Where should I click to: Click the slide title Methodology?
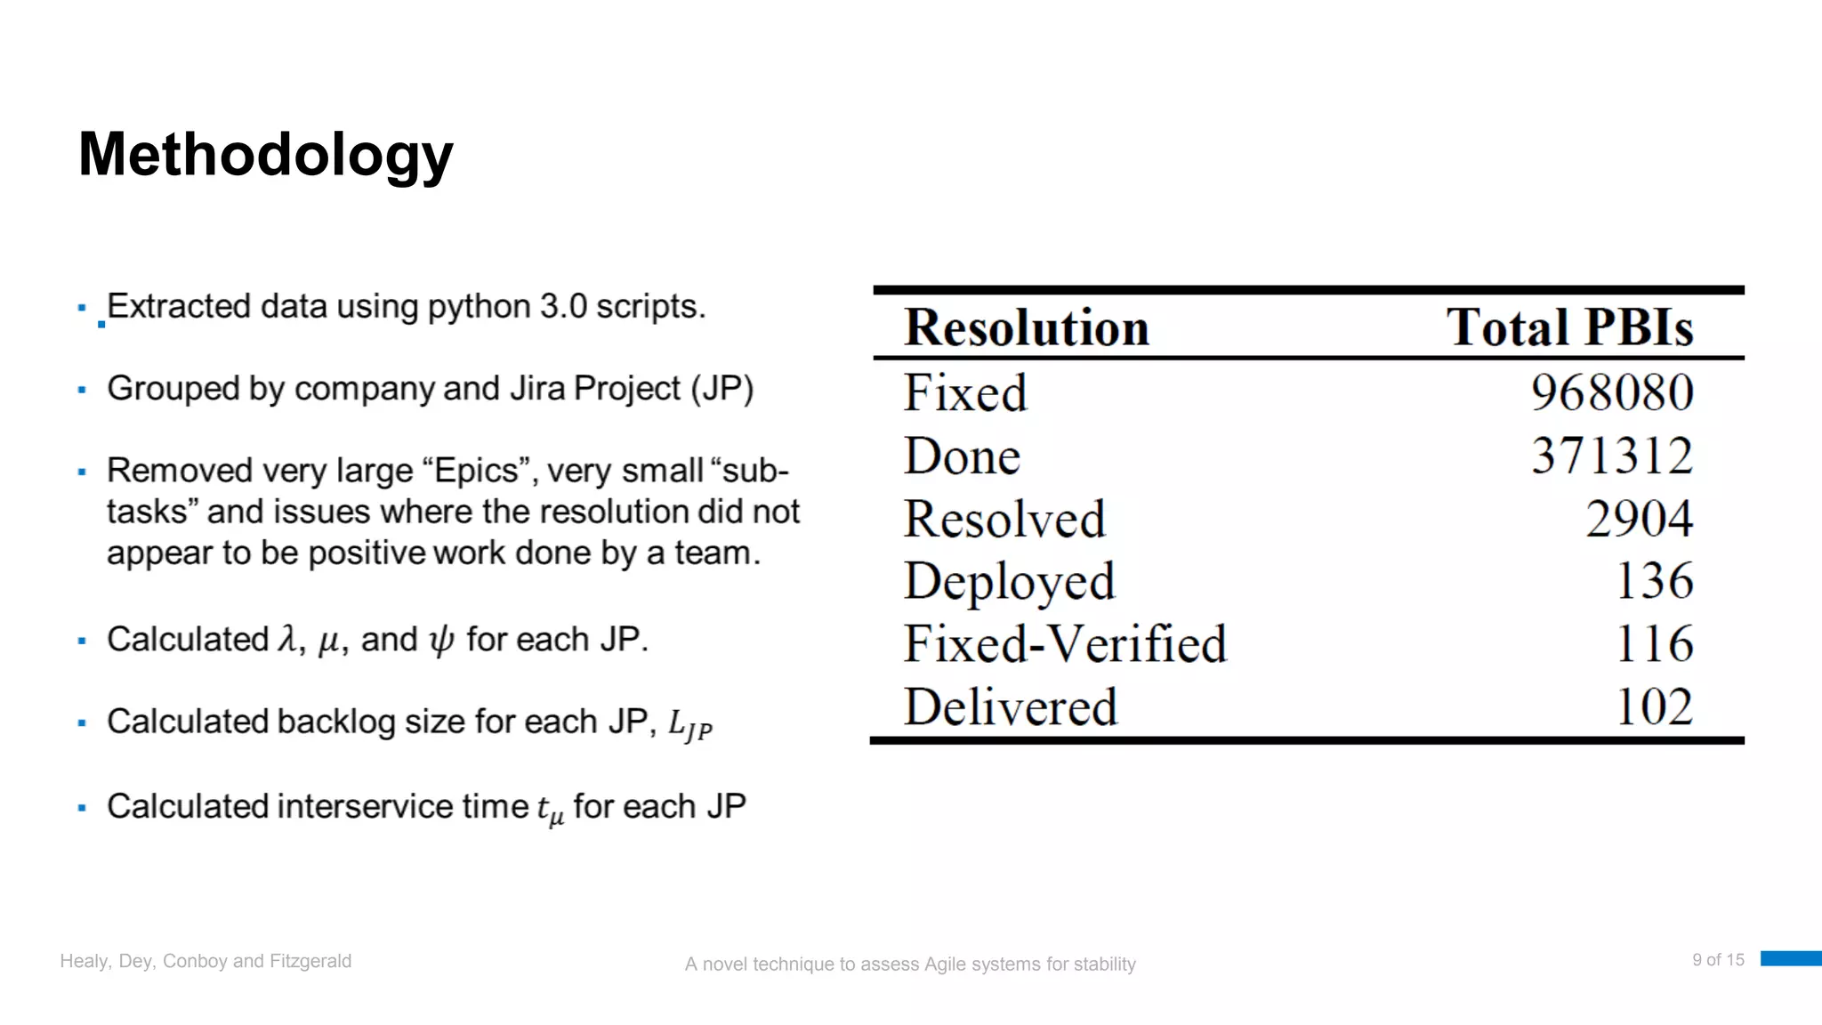click(x=265, y=155)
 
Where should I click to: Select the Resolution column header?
click(x=1027, y=327)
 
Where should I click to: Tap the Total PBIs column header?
click(x=1569, y=327)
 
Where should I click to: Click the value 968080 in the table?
click(x=1611, y=392)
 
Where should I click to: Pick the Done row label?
click(x=962, y=456)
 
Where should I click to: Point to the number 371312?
click(x=1611, y=456)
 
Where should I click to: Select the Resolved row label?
click(x=1004, y=519)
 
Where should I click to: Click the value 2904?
click(x=1639, y=519)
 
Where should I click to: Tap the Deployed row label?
click(x=1009, y=583)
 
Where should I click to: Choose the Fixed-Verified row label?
click(x=1065, y=644)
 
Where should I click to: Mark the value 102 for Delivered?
click(x=1654, y=707)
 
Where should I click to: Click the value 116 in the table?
click(x=1654, y=644)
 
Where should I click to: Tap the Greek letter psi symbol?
click(x=441, y=641)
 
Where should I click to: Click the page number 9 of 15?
click(x=1718, y=960)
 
